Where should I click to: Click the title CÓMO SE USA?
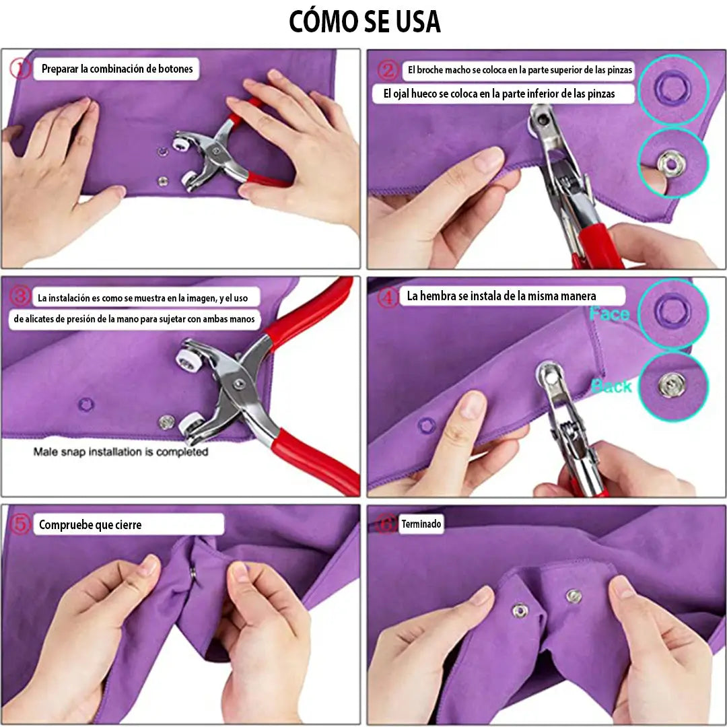click(364, 22)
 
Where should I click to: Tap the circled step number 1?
click(20, 68)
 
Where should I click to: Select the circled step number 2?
click(387, 69)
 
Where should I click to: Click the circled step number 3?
click(21, 296)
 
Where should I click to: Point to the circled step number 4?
click(388, 297)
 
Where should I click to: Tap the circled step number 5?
click(20, 524)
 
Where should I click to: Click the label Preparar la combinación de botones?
click(117, 69)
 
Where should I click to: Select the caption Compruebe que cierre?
click(90, 525)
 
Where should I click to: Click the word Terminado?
click(421, 524)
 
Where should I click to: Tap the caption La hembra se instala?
click(501, 296)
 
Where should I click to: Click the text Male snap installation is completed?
click(121, 452)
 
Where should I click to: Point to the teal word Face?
click(609, 314)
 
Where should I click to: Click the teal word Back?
click(611, 386)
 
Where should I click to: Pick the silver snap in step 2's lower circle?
click(671, 162)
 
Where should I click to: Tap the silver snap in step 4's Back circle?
click(672, 385)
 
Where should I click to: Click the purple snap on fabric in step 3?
click(85, 405)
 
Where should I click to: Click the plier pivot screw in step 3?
click(236, 383)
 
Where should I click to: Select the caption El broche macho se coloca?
click(520, 70)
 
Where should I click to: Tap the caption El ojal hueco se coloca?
click(499, 94)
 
